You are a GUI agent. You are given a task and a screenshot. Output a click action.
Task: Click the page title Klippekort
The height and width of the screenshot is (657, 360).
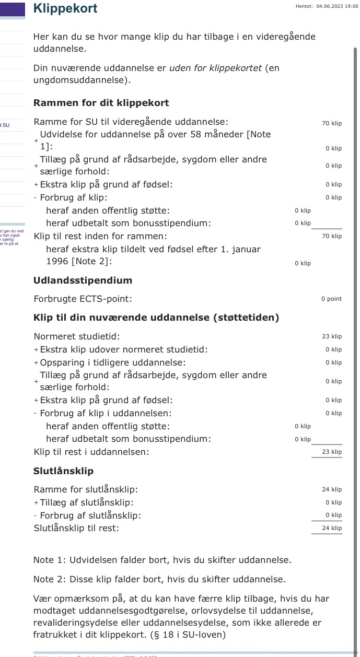(65, 8)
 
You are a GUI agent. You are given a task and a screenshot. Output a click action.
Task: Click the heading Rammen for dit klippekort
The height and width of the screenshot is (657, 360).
(101, 103)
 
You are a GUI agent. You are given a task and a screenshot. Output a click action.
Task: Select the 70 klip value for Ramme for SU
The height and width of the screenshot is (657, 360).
(332, 123)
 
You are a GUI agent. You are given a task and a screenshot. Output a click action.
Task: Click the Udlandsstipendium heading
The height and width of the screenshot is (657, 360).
(83, 280)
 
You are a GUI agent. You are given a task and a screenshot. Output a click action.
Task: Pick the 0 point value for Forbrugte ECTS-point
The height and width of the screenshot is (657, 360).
(331, 299)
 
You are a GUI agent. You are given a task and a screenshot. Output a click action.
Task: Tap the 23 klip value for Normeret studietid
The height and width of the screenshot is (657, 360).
(332, 337)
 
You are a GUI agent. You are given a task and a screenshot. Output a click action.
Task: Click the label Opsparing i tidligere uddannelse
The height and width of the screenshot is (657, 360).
(113, 362)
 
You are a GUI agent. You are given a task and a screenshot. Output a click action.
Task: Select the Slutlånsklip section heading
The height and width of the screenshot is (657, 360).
(63, 471)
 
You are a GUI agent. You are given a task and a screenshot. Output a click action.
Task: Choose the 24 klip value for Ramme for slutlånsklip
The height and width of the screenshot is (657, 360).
(332, 490)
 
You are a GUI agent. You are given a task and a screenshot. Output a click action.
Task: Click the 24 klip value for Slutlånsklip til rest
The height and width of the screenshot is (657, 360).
(332, 528)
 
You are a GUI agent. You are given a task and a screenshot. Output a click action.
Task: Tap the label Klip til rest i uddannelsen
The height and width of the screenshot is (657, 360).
(91, 452)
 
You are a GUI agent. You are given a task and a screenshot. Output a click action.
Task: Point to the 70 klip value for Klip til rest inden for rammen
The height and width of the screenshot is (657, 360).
(332, 236)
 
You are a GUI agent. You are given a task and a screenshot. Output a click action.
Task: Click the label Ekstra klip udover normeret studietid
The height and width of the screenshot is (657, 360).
(124, 349)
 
